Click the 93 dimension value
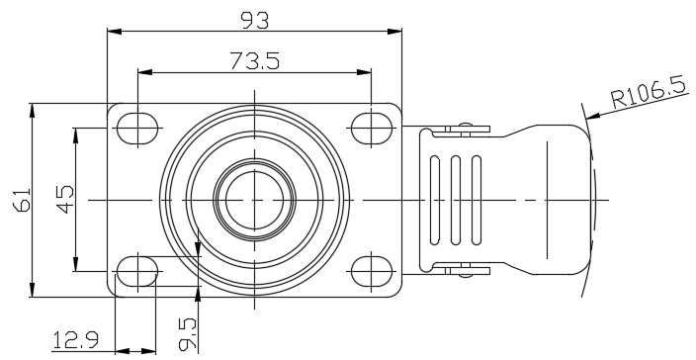pos(254,21)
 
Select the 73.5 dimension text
pos(255,60)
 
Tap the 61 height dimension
pos(23,200)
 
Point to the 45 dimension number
pos(65,200)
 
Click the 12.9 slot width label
pos(75,340)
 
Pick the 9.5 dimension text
pos(187,333)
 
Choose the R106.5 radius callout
pos(649,93)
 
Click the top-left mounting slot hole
pos(137,129)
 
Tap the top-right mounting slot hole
pos(371,129)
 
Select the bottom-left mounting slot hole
pos(137,271)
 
